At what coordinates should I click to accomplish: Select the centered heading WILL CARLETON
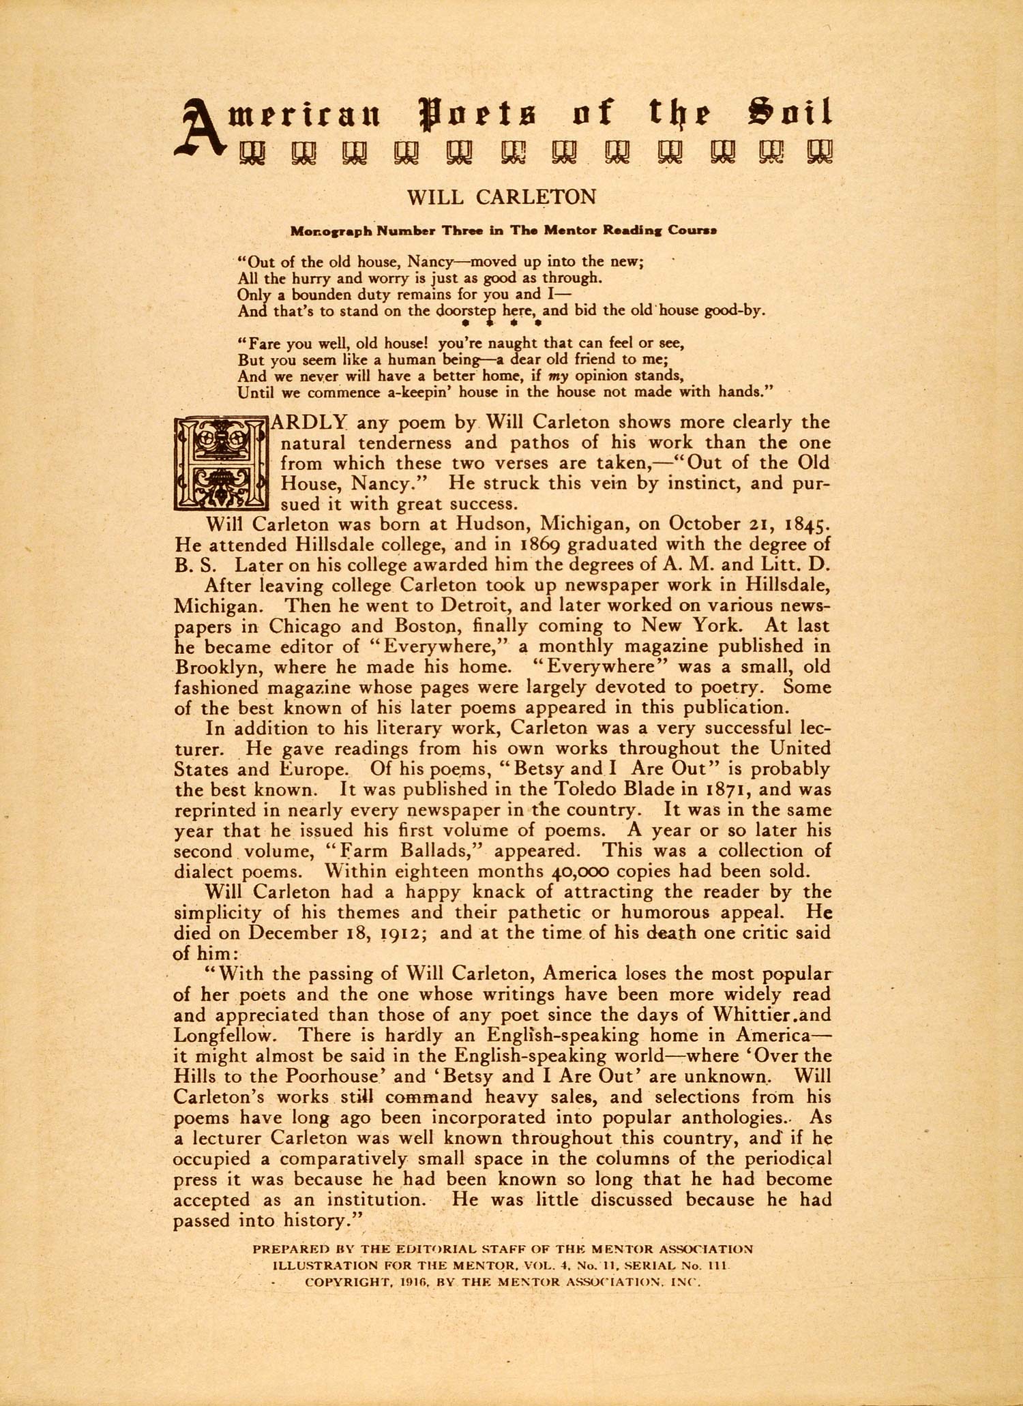pos(501,197)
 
